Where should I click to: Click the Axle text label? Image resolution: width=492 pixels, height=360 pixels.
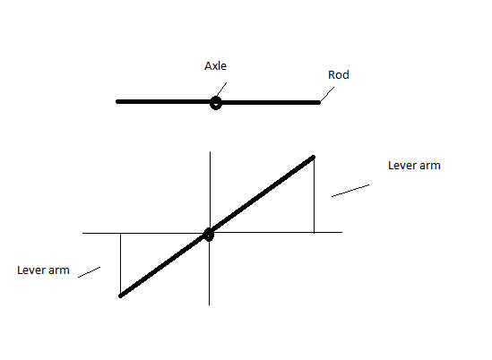tap(215, 66)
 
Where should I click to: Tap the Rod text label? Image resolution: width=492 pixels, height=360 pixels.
tap(339, 74)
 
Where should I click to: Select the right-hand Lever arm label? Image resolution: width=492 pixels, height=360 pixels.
tap(414, 166)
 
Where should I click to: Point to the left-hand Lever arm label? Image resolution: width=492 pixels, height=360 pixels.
tap(43, 270)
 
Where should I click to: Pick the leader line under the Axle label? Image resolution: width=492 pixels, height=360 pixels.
tap(221, 90)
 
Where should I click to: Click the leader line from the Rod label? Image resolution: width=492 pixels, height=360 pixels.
tap(327, 94)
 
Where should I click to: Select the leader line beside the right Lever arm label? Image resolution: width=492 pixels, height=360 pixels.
tap(350, 191)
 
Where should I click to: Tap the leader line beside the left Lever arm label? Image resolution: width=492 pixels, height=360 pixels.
tap(89, 272)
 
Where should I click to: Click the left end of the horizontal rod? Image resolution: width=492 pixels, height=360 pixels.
tap(117, 101)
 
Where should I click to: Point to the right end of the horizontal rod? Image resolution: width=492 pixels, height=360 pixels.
tap(319, 103)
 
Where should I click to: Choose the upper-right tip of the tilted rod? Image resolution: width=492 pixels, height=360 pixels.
tap(314, 157)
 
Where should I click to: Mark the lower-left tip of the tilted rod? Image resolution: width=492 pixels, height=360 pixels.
tap(120, 296)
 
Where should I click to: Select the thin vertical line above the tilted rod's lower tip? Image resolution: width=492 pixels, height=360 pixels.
tap(120, 263)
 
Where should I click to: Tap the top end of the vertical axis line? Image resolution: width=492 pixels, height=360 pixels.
tap(210, 151)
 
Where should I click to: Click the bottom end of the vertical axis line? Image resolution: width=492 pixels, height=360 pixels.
tap(210, 304)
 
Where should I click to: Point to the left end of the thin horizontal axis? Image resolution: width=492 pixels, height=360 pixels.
tap(82, 233)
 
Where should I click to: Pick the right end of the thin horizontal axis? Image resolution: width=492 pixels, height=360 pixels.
tap(342, 232)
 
